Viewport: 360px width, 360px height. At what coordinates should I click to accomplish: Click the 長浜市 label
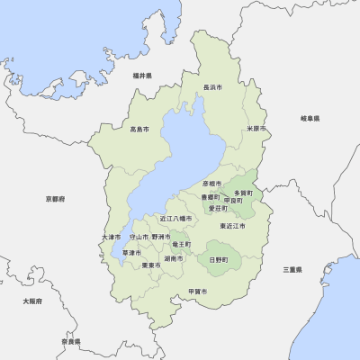pyautogui.click(x=212, y=87)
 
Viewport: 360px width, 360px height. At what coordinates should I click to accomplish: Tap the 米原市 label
pyautogui.click(x=256, y=129)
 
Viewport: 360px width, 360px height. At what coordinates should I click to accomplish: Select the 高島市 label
pyautogui.click(x=139, y=130)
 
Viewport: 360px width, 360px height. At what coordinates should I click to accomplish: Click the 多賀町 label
pyautogui.click(x=243, y=193)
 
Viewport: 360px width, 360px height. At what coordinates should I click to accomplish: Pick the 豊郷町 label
pyautogui.click(x=211, y=197)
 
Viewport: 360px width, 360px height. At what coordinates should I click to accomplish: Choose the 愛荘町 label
pyautogui.click(x=217, y=208)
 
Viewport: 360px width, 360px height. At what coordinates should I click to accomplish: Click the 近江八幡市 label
pyautogui.click(x=176, y=219)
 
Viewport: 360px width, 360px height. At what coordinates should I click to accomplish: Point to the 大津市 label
pyautogui.click(x=112, y=238)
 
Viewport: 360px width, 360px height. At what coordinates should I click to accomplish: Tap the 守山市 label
pyautogui.click(x=139, y=237)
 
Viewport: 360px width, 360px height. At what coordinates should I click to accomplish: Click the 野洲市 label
pyautogui.click(x=161, y=237)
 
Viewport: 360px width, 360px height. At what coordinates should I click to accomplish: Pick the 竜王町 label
pyautogui.click(x=181, y=244)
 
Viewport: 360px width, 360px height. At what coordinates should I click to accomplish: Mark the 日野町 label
pyautogui.click(x=219, y=259)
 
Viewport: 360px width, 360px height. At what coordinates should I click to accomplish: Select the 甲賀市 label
pyautogui.click(x=198, y=292)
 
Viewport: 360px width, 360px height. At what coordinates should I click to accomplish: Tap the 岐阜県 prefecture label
pyautogui.click(x=310, y=118)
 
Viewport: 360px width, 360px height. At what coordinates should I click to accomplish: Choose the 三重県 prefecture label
pyautogui.click(x=292, y=269)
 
